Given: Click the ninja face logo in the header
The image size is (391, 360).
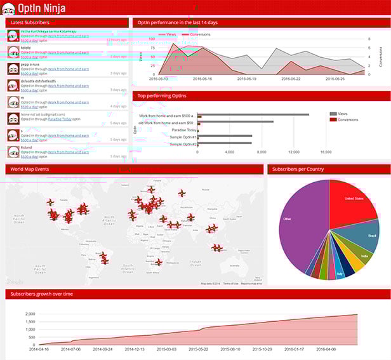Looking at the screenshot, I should pyautogui.click(x=9, y=8).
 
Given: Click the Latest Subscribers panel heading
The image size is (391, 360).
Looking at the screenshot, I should pyautogui.click(x=30, y=22).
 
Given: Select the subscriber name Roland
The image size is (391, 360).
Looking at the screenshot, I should pyautogui.click(x=26, y=147).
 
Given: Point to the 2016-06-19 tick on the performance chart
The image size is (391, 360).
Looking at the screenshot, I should pyautogui.click(x=246, y=79).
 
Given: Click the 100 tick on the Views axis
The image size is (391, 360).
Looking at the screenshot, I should pyautogui.click(x=152, y=39).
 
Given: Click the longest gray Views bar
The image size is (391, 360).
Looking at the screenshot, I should pyautogui.click(x=253, y=115).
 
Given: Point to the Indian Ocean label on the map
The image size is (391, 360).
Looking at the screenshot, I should pyautogui.click(x=196, y=263).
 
